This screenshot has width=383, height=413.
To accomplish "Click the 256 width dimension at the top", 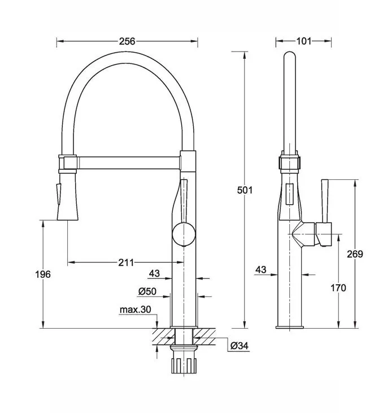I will (x=127, y=41).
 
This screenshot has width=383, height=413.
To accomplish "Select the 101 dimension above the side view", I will (x=303, y=41).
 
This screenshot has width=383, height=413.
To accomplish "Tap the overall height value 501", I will (x=244, y=190).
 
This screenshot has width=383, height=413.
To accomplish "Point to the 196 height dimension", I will (x=42, y=274).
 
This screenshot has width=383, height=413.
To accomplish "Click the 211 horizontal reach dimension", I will (x=126, y=263).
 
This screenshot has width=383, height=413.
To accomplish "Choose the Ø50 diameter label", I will (x=147, y=291).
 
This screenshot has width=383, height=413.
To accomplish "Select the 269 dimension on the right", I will (x=355, y=254).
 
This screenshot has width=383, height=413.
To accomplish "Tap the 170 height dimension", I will (x=338, y=288).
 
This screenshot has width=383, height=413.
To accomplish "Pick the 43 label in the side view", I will (x=260, y=270).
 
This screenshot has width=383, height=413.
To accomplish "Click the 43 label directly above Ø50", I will (x=154, y=274).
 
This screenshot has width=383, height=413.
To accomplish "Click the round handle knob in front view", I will (x=184, y=234).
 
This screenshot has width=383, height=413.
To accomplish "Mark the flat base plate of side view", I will (x=290, y=326).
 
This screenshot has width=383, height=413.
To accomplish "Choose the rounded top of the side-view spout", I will (x=289, y=57).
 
